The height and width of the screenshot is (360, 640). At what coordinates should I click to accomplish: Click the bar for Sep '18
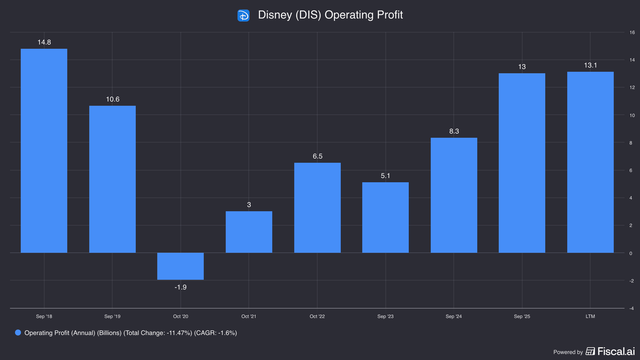point(44,151)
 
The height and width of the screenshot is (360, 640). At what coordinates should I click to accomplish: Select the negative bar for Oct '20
point(181,266)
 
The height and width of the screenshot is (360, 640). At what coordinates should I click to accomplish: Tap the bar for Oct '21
point(249,232)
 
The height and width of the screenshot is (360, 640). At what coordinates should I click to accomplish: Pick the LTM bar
point(590,162)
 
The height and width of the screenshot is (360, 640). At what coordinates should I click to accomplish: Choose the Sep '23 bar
point(385,218)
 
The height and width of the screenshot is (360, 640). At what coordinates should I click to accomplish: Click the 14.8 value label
point(44,42)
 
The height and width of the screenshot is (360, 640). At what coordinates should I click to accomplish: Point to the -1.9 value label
point(181,287)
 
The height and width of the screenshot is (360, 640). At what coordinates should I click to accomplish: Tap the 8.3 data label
point(454,131)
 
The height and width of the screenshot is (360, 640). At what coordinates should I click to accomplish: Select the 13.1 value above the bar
point(590,65)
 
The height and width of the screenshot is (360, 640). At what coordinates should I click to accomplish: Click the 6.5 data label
point(318,156)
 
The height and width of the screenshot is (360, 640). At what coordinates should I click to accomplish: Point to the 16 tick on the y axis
point(632,33)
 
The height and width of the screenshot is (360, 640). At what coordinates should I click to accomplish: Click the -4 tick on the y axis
point(631,309)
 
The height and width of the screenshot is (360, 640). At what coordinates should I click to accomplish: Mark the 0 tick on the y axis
point(631,253)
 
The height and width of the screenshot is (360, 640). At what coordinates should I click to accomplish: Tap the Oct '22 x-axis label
point(317,317)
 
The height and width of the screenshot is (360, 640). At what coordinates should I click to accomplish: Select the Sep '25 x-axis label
point(522,317)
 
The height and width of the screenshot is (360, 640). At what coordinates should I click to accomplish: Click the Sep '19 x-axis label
point(112,317)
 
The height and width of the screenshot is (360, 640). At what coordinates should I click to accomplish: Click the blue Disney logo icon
point(243,15)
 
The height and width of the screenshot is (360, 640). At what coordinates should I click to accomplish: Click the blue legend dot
point(18,333)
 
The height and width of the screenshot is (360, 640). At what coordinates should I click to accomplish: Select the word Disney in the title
point(275,15)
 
